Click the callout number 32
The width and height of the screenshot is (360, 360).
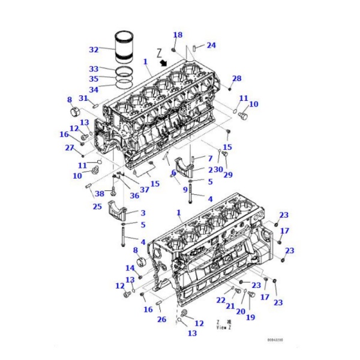click(94, 49)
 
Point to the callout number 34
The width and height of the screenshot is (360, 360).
click(94, 88)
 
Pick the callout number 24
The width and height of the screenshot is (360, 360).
click(211, 45)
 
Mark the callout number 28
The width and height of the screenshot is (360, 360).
click(236, 79)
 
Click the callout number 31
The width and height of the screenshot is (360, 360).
click(83, 98)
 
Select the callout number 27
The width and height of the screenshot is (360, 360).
click(69, 148)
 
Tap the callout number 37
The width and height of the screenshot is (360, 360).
click(144, 190)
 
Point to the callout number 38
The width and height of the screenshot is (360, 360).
click(100, 193)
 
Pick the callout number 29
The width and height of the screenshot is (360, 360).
click(228, 174)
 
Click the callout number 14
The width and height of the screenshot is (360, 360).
click(130, 268)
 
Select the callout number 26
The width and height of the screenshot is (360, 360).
click(161, 320)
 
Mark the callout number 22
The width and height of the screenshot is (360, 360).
click(221, 300)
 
